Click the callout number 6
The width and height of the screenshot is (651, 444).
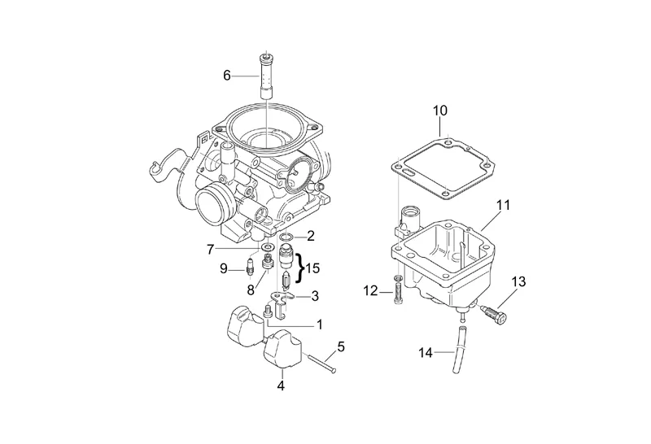click(x=228, y=76)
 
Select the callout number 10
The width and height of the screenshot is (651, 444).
click(x=439, y=110)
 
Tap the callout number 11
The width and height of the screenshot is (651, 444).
click(x=503, y=205)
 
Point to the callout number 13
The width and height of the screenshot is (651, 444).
click(x=518, y=282)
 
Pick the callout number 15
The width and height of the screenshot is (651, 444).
click(x=313, y=267)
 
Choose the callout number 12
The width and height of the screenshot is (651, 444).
click(x=369, y=290)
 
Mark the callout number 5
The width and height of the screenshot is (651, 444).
click(x=341, y=346)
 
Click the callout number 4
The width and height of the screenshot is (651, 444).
click(x=281, y=386)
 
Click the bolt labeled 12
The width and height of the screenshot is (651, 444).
click(x=396, y=290)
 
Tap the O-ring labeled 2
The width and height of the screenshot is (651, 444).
click(x=286, y=237)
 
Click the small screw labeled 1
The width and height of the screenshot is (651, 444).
click(x=269, y=312)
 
